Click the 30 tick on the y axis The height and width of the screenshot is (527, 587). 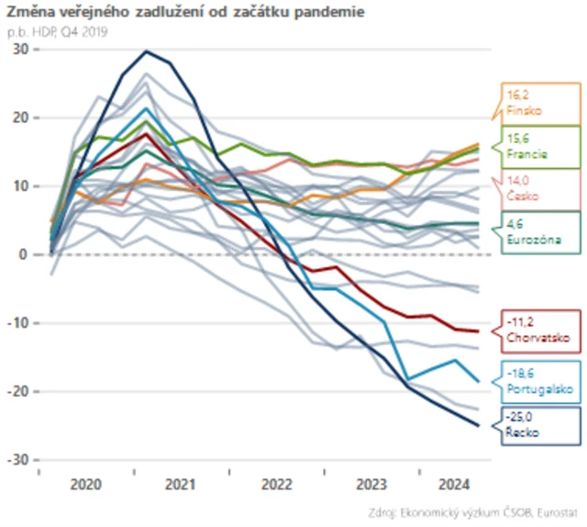click(17, 49)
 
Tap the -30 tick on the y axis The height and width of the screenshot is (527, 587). click(16, 459)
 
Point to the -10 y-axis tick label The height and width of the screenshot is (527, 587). click(16, 322)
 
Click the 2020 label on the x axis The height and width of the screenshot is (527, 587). click(84, 482)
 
